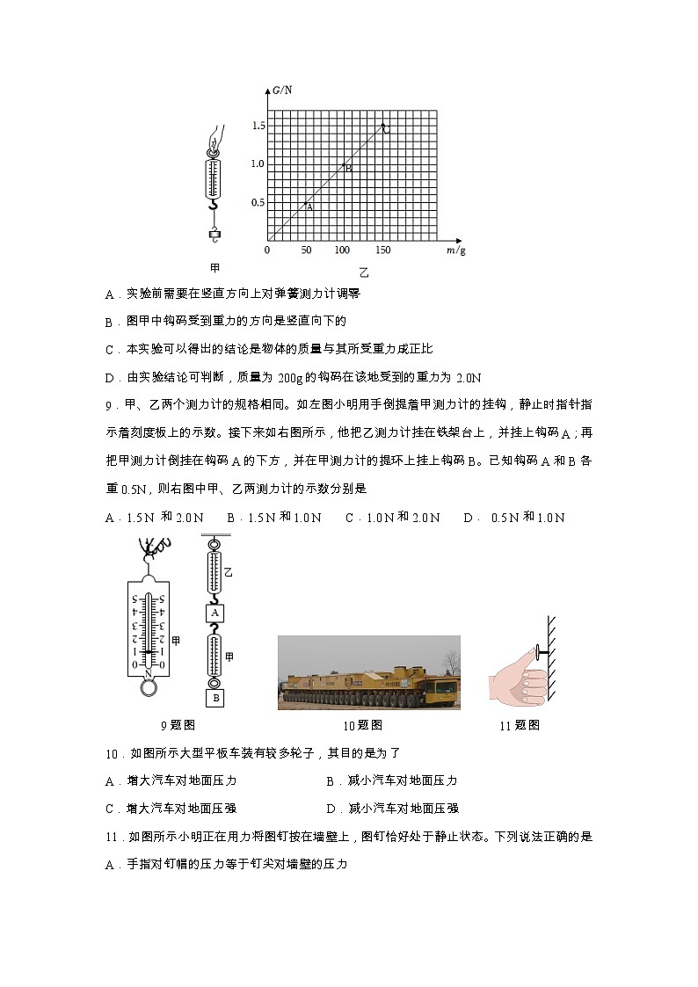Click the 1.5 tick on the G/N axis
[257, 126]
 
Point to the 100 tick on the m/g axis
[343, 250]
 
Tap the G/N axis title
[282, 90]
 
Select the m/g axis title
[455, 250]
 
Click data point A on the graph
[305, 202]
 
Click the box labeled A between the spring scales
[214, 613]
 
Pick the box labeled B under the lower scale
[214, 698]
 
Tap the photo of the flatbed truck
[368, 672]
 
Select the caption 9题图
[178, 725]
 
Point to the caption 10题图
[363, 726]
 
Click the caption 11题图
[519, 725]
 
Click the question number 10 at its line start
[111, 753]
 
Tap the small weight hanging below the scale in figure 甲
[214, 234]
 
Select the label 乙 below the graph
[363, 272]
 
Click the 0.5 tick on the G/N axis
[257, 202]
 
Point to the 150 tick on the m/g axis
[382, 250]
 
